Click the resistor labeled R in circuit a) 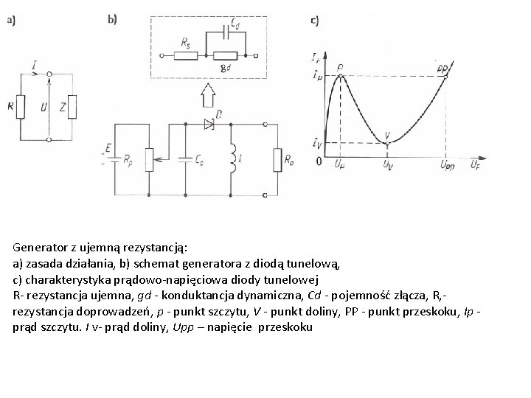(21, 107)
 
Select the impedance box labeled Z (72, 107)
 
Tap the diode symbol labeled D (209, 125)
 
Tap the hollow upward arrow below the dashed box (209, 94)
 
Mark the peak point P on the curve (339, 75)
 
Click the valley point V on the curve (387, 141)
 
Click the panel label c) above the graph (315, 21)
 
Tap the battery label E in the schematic (108, 148)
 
